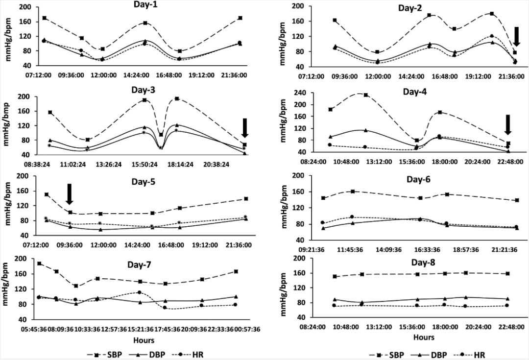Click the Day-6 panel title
(x=418, y=179)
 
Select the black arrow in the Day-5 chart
(x=69, y=194)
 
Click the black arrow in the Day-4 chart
(x=508, y=124)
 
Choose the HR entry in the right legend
(x=477, y=354)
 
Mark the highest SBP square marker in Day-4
(x=365, y=95)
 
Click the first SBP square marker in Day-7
(x=40, y=264)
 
